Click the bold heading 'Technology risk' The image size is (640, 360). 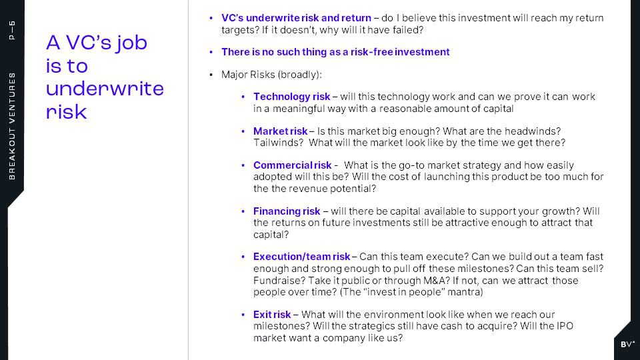pyautogui.click(x=291, y=97)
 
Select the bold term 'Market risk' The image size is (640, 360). pyautogui.click(x=280, y=131)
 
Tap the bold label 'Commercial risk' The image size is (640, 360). pyautogui.click(x=292, y=165)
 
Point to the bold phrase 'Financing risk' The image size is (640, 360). pyautogui.click(x=287, y=211)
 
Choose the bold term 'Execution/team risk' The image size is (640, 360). pyautogui.click(x=301, y=257)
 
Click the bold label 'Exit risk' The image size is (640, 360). pyautogui.click(x=272, y=315)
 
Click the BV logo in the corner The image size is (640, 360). pyautogui.click(x=627, y=344)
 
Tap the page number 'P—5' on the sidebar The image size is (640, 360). pyautogui.click(x=12, y=30)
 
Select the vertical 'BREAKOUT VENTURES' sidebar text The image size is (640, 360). pyautogui.click(x=12, y=126)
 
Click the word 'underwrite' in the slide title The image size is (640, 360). pyautogui.click(x=105, y=89)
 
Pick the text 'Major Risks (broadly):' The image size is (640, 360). pyautogui.click(x=271, y=75)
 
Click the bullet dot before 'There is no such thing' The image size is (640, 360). pyautogui.click(x=211, y=52)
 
